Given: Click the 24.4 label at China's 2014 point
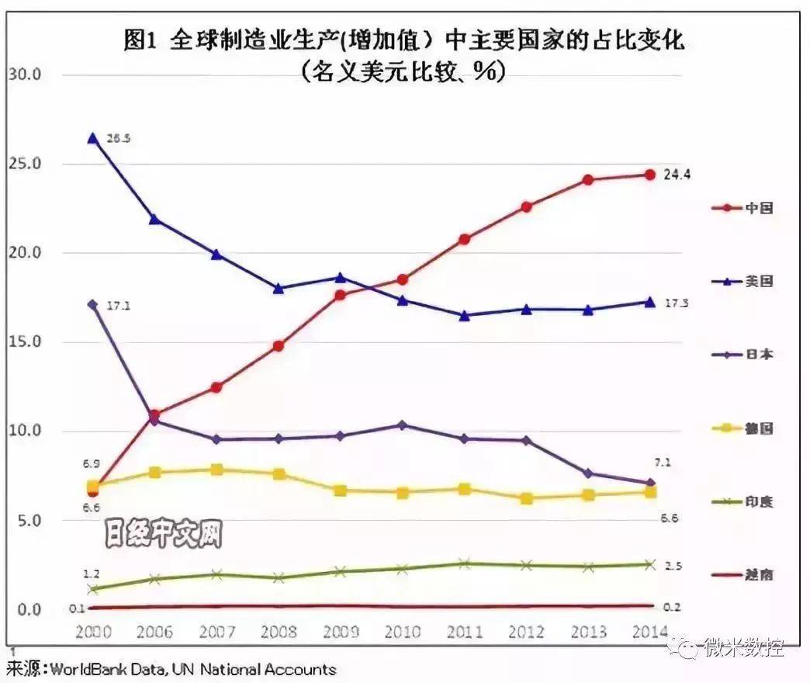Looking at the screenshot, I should click(677, 175).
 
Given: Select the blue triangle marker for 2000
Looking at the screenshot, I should click(92, 138).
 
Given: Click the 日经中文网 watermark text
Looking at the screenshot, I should click(164, 536).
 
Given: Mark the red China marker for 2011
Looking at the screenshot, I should click(464, 239).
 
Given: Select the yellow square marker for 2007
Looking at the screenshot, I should click(216, 470).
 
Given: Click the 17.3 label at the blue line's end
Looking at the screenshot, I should click(677, 303).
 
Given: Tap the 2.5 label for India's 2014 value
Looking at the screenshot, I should click(673, 566).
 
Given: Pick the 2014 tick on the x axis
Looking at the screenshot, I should click(649, 631).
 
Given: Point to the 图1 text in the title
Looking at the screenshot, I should click(140, 40).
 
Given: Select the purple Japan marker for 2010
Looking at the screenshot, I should click(402, 425).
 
